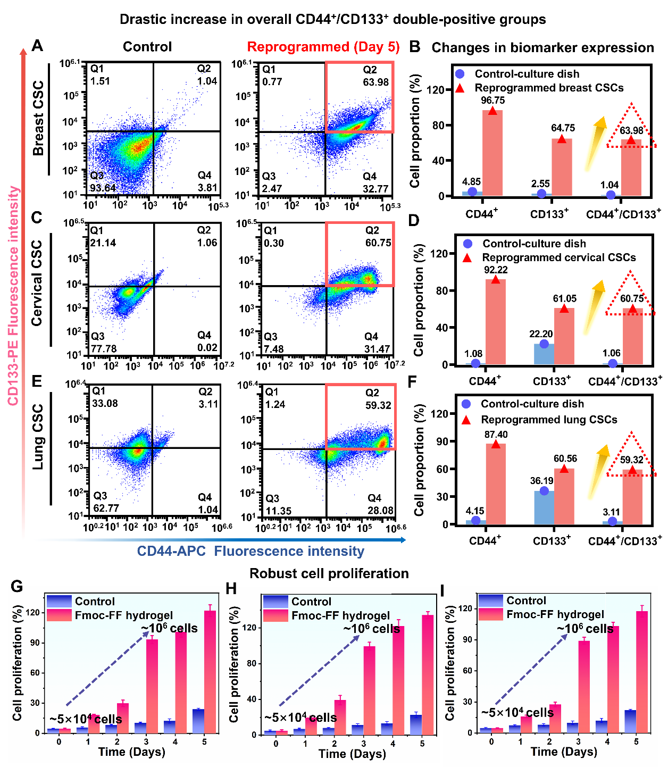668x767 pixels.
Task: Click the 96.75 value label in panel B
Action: (x=492, y=101)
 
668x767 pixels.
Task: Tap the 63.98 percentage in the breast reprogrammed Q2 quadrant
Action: (x=376, y=82)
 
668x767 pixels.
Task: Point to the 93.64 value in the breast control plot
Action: (x=103, y=188)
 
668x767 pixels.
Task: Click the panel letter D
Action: (x=414, y=220)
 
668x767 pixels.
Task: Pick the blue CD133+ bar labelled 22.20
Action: (x=544, y=354)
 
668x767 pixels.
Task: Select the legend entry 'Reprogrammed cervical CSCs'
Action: (x=558, y=257)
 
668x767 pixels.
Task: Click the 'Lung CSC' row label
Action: (x=38, y=437)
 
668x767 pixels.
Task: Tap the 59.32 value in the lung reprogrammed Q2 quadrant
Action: (x=378, y=405)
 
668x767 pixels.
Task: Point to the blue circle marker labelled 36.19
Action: (x=544, y=490)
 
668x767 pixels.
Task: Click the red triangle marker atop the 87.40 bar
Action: (x=496, y=444)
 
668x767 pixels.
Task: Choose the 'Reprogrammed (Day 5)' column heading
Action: (x=323, y=47)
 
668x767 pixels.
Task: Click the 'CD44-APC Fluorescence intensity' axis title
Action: (x=250, y=551)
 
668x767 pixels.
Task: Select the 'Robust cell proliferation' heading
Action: (x=329, y=573)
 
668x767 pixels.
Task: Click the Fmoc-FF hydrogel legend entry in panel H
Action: (x=340, y=615)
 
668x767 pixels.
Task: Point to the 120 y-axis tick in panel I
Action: (x=466, y=608)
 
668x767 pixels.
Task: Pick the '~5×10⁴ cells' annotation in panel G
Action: (x=86, y=719)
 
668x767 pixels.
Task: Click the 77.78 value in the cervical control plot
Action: (x=104, y=349)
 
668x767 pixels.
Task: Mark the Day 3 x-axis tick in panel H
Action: (x=363, y=744)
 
